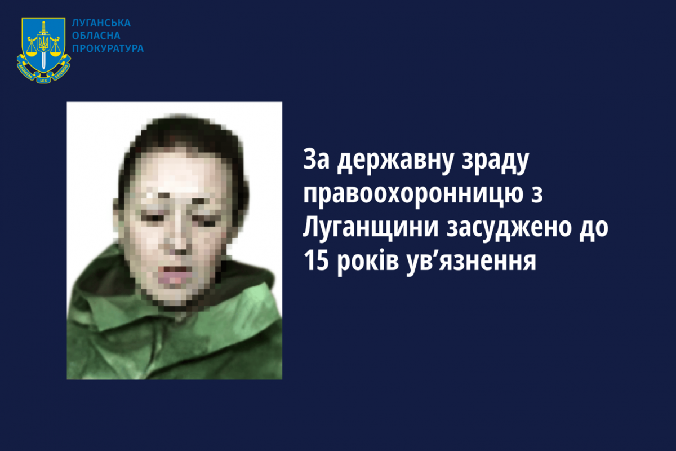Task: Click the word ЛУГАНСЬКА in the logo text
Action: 101,23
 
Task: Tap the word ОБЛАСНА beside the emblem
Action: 96,36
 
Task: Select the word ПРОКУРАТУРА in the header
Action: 108,48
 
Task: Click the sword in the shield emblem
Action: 43,45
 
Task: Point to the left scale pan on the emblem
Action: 32,53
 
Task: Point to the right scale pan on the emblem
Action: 56,53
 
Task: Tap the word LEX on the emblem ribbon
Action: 43,81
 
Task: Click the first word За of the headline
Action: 316,158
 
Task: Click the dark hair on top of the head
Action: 184,133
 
